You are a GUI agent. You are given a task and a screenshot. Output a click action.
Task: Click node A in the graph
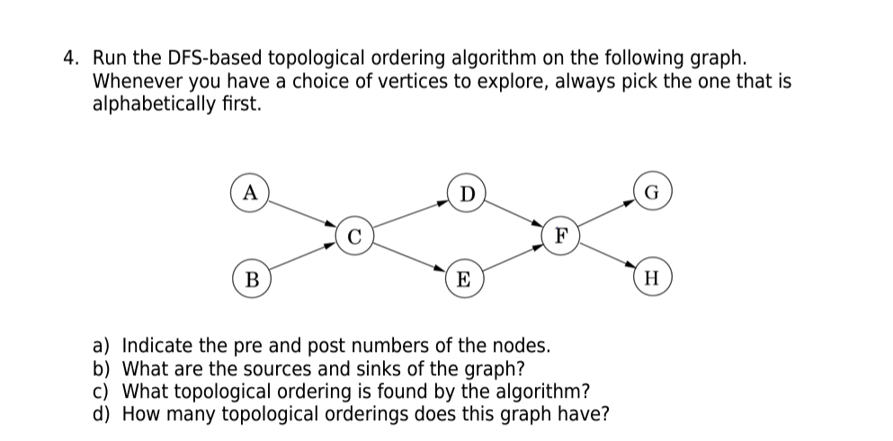(251, 193)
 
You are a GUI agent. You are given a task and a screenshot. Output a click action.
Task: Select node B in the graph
(252, 278)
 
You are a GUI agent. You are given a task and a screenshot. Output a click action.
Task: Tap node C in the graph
(354, 236)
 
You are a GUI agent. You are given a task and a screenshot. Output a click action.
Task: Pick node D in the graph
(465, 193)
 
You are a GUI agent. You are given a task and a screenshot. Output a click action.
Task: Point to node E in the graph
(464, 278)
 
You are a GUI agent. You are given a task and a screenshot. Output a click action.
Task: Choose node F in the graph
(561, 236)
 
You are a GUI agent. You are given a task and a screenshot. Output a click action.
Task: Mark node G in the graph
(653, 193)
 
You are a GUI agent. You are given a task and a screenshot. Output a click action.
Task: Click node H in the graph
(653, 278)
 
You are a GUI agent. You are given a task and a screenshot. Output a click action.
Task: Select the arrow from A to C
(303, 214)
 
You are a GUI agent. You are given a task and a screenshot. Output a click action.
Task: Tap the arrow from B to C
(303, 257)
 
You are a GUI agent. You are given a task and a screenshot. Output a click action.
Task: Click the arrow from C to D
(409, 214)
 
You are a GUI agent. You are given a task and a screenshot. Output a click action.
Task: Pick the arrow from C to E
(409, 257)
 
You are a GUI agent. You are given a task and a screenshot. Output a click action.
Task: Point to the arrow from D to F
(513, 214)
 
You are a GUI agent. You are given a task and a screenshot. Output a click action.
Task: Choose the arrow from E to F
(513, 257)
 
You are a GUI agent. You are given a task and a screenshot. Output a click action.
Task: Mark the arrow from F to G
(607, 214)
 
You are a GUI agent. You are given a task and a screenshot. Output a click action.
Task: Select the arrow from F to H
(607, 257)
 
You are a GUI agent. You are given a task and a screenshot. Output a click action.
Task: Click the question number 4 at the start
(71, 59)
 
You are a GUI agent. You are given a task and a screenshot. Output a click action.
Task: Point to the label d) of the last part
(104, 414)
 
